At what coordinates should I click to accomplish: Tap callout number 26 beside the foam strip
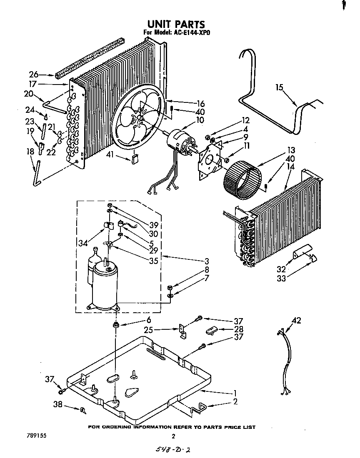click(x=34, y=75)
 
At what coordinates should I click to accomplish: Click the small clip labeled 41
click(x=135, y=159)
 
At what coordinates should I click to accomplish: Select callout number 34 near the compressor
click(x=82, y=242)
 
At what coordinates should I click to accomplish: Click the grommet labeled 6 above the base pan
click(x=115, y=324)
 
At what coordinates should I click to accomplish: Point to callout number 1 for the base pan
click(x=235, y=393)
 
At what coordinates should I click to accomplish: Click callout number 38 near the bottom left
click(x=59, y=404)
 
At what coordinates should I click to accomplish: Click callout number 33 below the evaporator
click(x=282, y=279)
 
